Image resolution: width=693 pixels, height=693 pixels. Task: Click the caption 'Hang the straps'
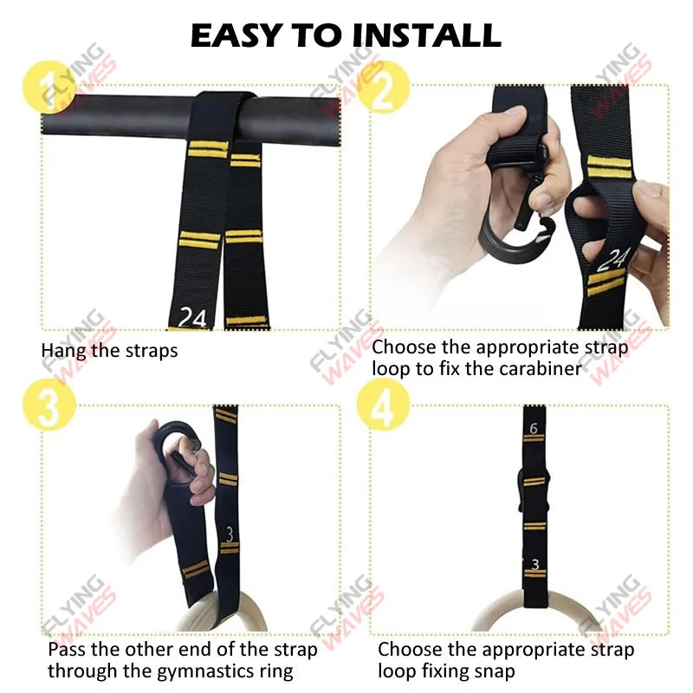tap(109, 351)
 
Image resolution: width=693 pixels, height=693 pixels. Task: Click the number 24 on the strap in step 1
tap(192, 318)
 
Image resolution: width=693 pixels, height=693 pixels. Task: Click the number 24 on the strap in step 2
tap(616, 258)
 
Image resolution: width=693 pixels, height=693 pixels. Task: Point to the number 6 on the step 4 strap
tap(534, 428)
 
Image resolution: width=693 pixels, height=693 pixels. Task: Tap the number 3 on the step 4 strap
tap(534, 565)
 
